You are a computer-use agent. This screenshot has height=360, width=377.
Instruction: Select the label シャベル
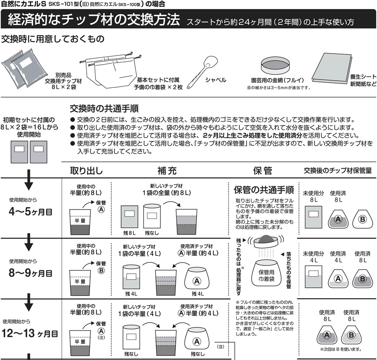point(215,80)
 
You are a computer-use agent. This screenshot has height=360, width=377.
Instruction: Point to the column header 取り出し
point(86,171)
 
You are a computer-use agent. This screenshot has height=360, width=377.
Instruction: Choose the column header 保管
point(262,171)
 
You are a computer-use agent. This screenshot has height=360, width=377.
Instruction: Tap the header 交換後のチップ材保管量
point(338,171)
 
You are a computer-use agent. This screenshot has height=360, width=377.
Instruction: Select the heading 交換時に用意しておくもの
point(53,39)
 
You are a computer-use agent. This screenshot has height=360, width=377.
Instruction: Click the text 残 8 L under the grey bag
point(129,233)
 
